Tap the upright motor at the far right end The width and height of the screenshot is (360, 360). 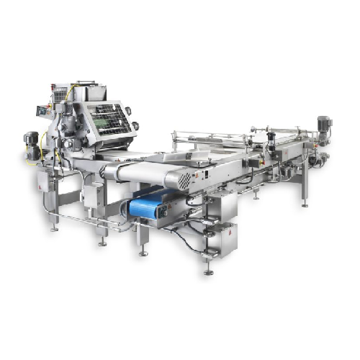click(323, 125)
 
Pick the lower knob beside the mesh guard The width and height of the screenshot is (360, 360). click(135, 127)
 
